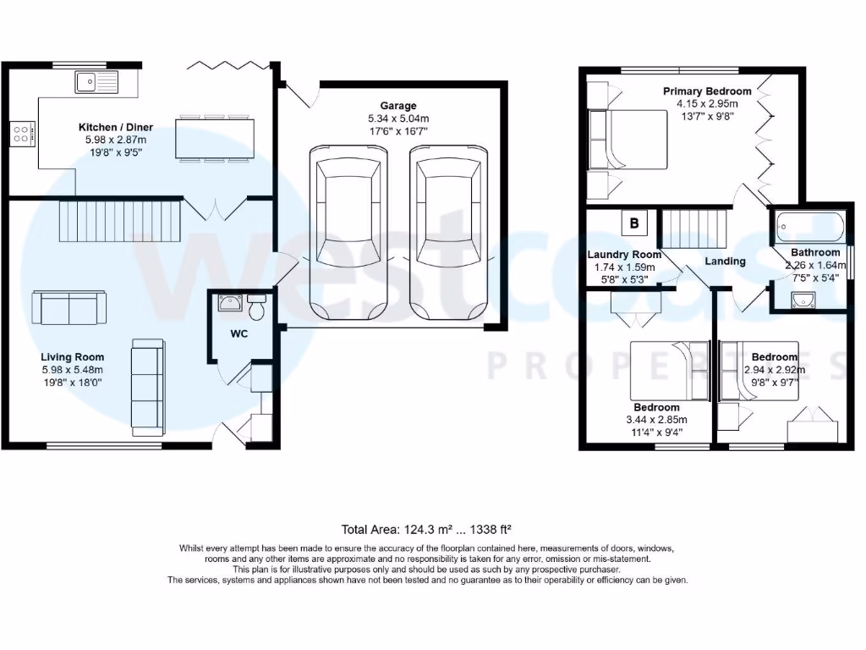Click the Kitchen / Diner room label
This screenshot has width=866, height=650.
[x=116, y=127]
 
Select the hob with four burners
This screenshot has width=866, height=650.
[x=22, y=132]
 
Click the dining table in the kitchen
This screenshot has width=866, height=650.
[x=215, y=138]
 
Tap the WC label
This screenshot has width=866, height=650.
[x=240, y=333]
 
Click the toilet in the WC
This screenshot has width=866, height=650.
[x=257, y=306]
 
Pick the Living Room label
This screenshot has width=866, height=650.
[x=72, y=357]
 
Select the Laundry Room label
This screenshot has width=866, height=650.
[x=624, y=255]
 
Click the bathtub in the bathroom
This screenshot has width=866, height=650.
[x=810, y=228]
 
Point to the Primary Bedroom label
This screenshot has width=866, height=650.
[x=706, y=91]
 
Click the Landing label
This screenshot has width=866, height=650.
[x=725, y=262]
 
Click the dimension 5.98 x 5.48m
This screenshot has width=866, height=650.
[x=72, y=370]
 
